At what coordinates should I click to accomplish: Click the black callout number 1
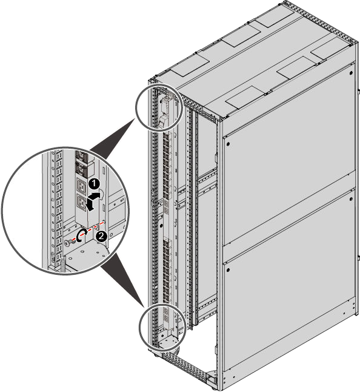[x=94, y=184]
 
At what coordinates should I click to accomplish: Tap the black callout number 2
[x=102, y=236]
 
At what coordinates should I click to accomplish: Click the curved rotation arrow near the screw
[x=82, y=236]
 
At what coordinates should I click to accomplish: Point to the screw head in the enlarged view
[x=67, y=243]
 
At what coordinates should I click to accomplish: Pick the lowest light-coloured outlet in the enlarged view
[x=81, y=203]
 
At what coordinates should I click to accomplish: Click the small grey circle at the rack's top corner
[x=158, y=107]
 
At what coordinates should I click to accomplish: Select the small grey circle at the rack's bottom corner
[x=162, y=326]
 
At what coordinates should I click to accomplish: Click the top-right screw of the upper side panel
[x=352, y=73]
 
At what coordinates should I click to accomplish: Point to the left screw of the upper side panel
[x=228, y=144]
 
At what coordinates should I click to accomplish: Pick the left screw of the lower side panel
[x=228, y=270]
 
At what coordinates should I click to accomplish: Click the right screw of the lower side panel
[x=352, y=199]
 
